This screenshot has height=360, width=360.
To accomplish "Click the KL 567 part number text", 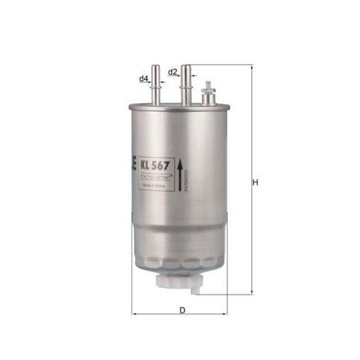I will (156, 163).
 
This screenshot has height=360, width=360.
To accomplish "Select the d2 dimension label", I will (173, 72).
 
